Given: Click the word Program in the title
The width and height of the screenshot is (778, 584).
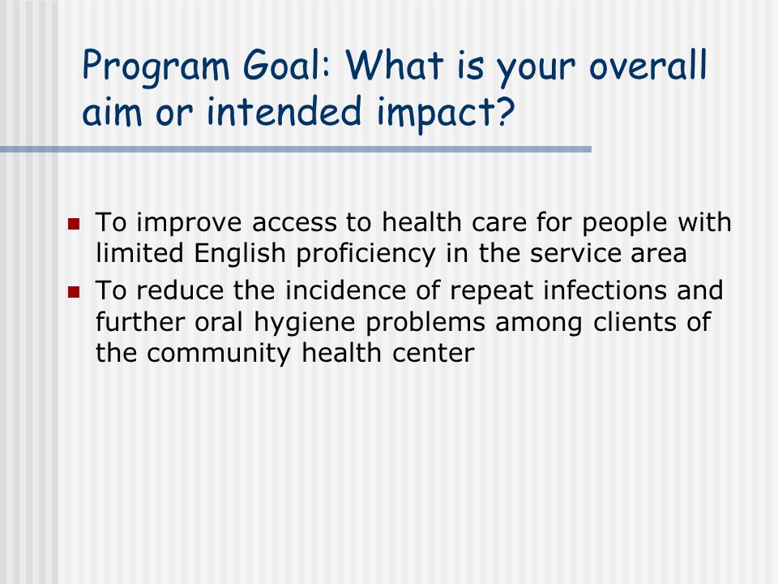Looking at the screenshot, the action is coord(156,67).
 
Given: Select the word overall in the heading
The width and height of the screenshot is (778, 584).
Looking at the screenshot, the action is coord(648,65).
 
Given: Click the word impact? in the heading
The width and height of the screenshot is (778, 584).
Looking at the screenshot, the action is coord(446,112).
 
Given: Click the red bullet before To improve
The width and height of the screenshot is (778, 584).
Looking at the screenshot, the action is coord(74,224).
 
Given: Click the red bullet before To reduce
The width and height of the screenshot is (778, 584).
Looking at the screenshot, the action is coord(74,291).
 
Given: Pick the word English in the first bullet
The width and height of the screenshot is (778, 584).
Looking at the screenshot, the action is coord(240,254).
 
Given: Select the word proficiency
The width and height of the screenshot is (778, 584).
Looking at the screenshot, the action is coord(365,254).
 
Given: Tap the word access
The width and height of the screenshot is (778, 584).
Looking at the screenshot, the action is coord(294,222).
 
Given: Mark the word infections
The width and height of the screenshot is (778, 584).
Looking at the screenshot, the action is coord(605,290).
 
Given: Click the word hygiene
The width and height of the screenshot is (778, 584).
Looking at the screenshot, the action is coord(304,324).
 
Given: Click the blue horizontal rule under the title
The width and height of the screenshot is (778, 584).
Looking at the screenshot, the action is coord(296,149).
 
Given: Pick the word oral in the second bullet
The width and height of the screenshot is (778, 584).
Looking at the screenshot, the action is coord(219,322).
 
